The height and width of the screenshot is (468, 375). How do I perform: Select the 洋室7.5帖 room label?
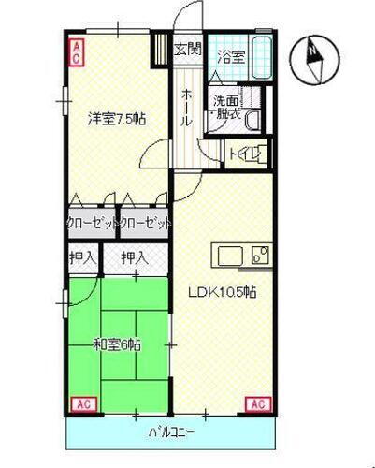point(116,119)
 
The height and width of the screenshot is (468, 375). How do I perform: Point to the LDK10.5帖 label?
point(224,291)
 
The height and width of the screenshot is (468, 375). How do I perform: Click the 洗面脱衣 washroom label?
point(227,107)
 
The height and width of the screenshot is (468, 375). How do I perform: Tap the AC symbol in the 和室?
point(81,404)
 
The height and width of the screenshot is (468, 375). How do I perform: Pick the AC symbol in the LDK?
point(257,404)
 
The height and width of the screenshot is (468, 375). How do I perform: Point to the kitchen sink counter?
point(242,256)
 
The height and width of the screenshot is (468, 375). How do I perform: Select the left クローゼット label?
point(91,225)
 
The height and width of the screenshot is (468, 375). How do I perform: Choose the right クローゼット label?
point(145,225)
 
